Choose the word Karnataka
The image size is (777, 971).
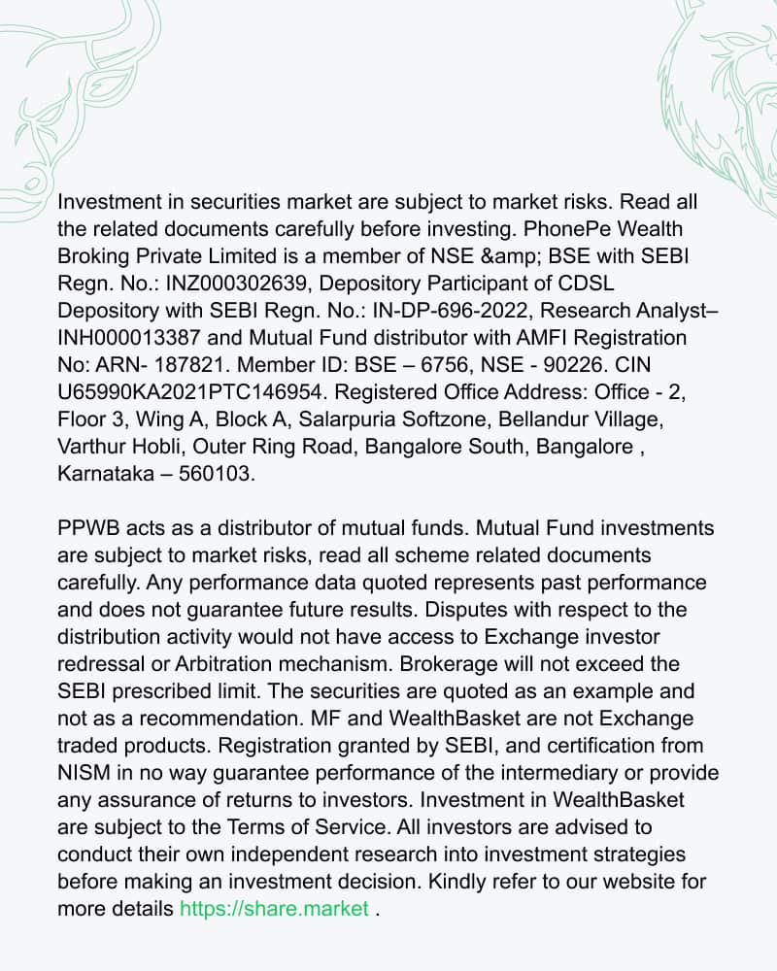click(x=107, y=474)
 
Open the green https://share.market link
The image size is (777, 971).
click(x=274, y=909)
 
